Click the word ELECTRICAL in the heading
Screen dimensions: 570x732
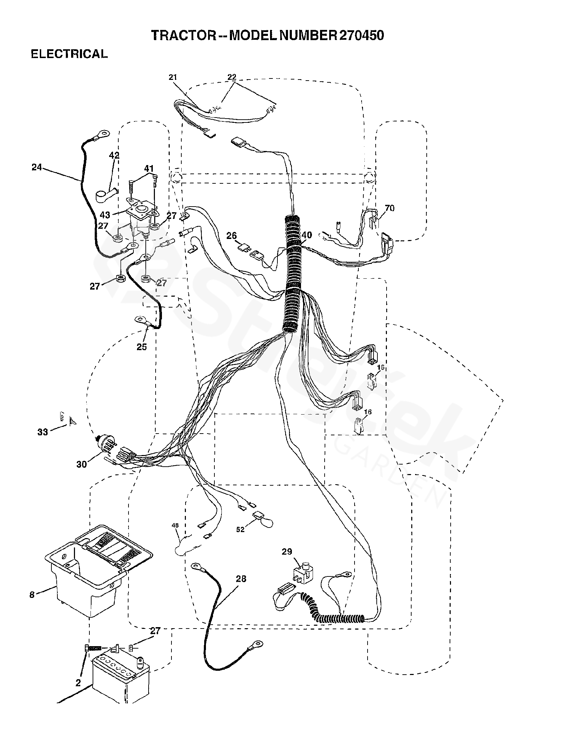[69, 54]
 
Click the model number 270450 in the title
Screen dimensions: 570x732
[361, 35]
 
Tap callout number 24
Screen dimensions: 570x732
[37, 168]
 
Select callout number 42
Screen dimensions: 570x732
[114, 155]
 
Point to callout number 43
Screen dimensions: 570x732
[105, 214]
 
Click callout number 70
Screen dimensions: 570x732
[390, 208]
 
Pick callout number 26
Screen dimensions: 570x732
[232, 236]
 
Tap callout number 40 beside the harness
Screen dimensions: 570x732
[307, 235]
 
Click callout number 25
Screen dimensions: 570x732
[142, 347]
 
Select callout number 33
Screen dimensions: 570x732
[43, 432]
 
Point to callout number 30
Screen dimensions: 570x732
[81, 465]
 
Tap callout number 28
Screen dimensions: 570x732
[241, 579]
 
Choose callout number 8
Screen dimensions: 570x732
[32, 594]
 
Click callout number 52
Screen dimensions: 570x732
[240, 539]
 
